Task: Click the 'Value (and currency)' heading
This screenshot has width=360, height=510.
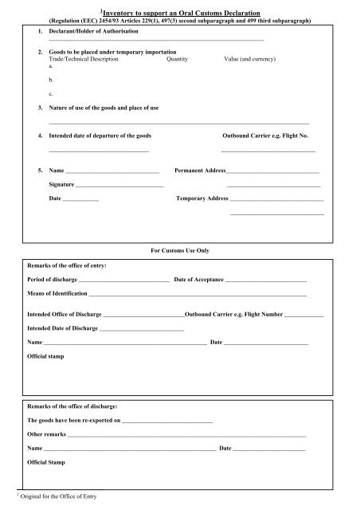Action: (252, 59)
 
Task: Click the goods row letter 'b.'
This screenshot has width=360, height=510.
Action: (52, 80)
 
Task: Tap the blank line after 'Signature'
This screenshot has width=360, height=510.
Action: (120, 185)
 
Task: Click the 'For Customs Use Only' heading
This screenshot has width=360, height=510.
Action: (180, 250)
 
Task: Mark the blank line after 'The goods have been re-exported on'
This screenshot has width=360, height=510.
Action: (167, 419)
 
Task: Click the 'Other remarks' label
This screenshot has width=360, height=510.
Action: (48, 434)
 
